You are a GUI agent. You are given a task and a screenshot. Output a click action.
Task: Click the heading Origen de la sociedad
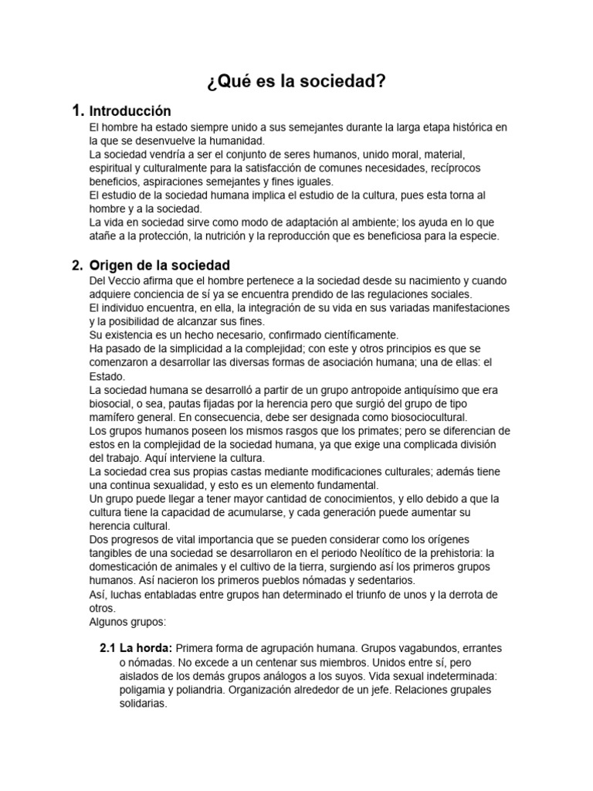point(160,265)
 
